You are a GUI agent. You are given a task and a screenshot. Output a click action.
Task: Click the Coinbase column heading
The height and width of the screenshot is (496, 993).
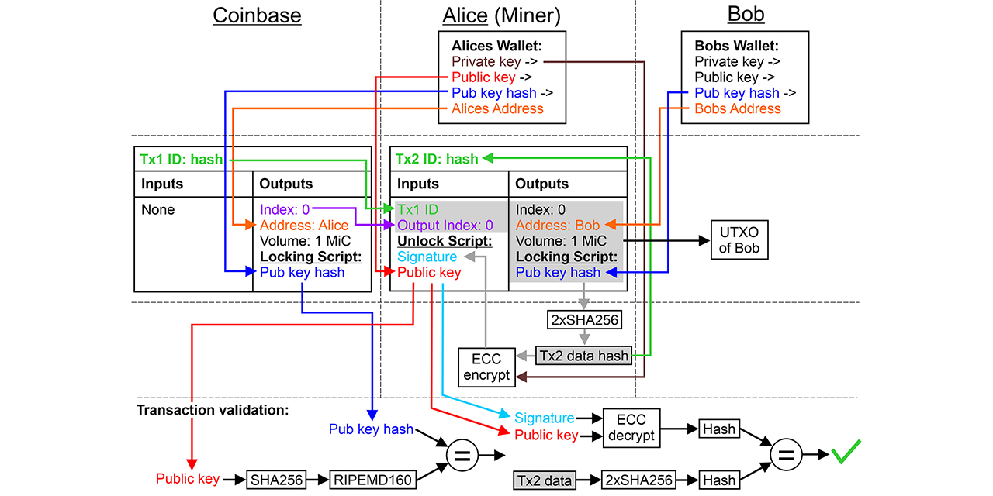(257, 15)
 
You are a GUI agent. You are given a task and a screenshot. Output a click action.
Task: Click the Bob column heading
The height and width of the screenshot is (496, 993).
(746, 15)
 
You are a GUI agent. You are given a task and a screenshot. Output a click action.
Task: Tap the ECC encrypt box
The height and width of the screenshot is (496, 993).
(486, 367)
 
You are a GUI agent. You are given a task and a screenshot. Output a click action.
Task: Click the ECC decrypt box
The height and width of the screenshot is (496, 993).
(631, 427)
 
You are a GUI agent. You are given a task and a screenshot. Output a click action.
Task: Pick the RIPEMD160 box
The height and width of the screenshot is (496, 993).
(372, 479)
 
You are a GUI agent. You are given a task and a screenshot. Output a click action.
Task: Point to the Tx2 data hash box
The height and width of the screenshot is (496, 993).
(585, 356)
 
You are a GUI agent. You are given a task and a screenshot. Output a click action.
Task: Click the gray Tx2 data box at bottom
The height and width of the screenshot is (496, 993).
(544, 480)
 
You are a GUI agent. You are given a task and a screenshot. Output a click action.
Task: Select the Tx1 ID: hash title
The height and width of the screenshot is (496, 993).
(181, 160)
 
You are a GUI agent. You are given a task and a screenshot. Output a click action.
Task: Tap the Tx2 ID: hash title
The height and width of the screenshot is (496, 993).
(437, 160)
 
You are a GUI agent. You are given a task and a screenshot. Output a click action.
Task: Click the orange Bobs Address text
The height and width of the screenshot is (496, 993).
(737, 108)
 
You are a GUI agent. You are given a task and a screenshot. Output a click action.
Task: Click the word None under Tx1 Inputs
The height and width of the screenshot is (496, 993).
(157, 210)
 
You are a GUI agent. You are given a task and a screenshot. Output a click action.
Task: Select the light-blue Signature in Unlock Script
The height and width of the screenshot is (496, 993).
(427, 257)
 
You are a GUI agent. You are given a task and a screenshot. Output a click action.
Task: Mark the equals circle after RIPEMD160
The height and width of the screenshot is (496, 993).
(462, 456)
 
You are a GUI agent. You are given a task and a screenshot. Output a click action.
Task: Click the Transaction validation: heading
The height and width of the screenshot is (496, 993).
(213, 409)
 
